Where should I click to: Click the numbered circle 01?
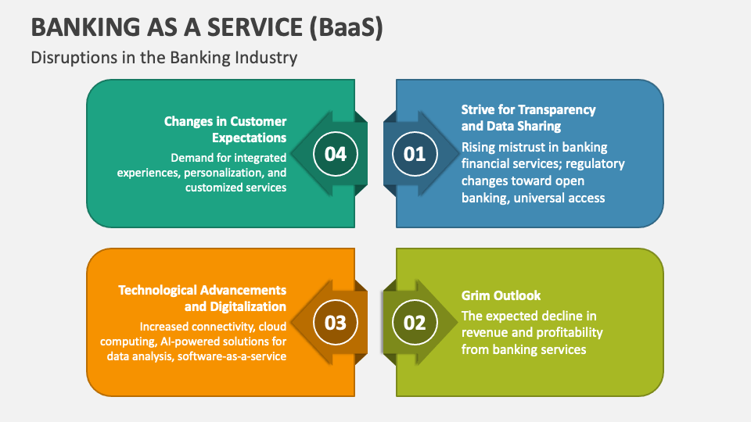tap(415, 154)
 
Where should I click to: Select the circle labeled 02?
tap(415, 323)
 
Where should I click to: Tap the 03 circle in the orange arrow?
tap(336, 323)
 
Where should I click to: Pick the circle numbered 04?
tap(336, 154)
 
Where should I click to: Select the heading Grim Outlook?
tap(501, 295)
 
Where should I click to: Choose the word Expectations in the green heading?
tap(250, 138)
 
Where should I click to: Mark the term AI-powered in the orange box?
tap(184, 341)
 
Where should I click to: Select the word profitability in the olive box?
tap(567, 332)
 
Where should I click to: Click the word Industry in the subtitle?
tap(270, 58)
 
